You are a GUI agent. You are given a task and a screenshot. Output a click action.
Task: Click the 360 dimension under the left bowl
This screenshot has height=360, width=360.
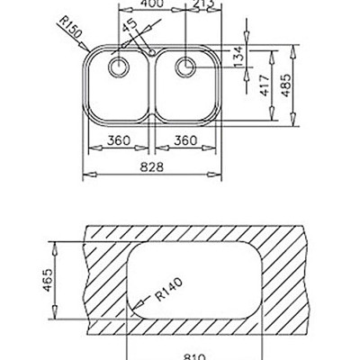click(115, 140)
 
